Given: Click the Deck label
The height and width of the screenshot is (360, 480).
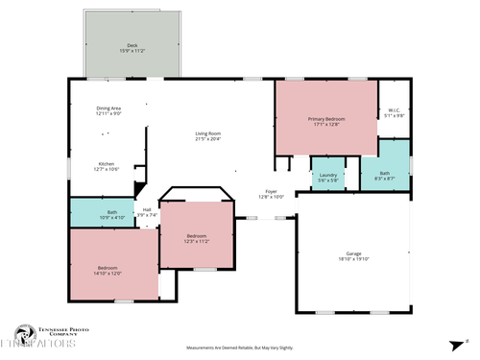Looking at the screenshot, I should [x=132, y=45].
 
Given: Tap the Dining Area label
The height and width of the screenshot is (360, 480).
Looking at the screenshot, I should [x=108, y=108].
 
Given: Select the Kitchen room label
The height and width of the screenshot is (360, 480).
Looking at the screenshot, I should [x=108, y=163].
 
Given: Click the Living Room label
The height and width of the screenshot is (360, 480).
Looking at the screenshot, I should [x=208, y=133].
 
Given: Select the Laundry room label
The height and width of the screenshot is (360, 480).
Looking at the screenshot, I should [x=327, y=174].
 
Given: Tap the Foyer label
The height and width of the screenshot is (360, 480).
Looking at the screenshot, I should [x=272, y=191].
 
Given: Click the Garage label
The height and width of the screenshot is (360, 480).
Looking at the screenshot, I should [x=354, y=253].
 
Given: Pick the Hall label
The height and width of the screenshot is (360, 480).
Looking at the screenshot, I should [x=147, y=209].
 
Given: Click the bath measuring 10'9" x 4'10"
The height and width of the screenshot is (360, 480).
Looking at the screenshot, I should [x=112, y=215].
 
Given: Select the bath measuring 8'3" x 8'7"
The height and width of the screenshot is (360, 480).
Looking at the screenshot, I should [x=384, y=175].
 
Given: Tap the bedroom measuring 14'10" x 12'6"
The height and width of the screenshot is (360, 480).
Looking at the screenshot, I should [x=108, y=270].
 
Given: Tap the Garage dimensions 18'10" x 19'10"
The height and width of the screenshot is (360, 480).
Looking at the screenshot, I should [x=354, y=258].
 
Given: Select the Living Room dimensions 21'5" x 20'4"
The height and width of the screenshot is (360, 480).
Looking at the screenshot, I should [x=208, y=139].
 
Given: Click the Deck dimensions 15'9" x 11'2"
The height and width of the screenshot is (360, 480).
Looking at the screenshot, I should [x=132, y=50].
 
